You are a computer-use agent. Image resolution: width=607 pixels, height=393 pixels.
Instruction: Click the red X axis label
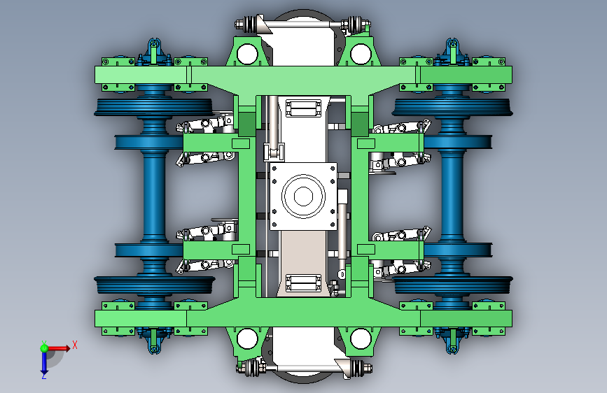point(75,345)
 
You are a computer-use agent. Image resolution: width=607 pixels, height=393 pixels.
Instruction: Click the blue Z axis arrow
point(44,362)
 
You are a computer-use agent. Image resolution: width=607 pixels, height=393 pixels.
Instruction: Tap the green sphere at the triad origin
point(44,348)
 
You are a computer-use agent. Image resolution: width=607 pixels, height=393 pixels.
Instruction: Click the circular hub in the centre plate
point(303,196)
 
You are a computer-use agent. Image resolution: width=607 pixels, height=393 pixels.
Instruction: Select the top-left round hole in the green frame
point(247,54)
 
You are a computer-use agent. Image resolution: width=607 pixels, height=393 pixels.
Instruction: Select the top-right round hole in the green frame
point(361,54)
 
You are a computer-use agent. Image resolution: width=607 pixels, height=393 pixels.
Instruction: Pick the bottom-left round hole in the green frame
point(247,338)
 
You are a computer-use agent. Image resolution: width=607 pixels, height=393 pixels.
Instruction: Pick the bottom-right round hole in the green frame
point(361,338)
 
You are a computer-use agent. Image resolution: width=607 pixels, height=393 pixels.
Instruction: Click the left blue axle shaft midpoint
point(154,196)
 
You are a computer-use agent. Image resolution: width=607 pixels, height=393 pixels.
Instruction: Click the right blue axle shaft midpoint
point(452,196)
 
